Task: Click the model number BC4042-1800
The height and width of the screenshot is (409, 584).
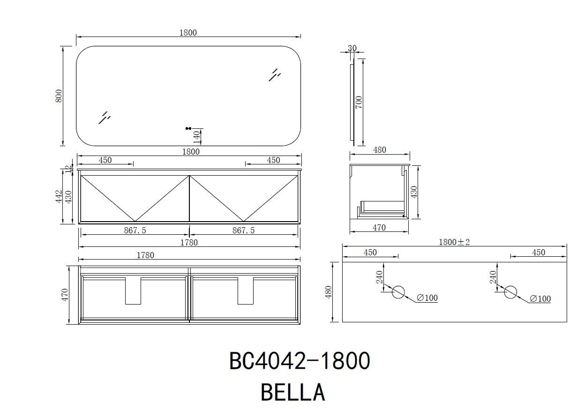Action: (299, 361)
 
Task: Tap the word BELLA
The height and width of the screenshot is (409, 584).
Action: (293, 393)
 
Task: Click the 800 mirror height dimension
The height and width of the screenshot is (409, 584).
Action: (59, 96)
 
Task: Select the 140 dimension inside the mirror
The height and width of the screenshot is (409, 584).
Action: (196, 137)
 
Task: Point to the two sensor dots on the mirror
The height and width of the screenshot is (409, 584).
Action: (188, 128)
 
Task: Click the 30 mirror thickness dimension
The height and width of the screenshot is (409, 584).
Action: (352, 48)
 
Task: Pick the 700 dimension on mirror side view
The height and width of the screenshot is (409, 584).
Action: (359, 102)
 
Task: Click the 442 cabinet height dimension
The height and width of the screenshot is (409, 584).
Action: (59, 196)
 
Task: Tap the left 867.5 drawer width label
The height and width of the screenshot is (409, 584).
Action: (135, 231)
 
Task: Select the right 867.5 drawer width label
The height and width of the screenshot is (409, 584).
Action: (243, 231)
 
